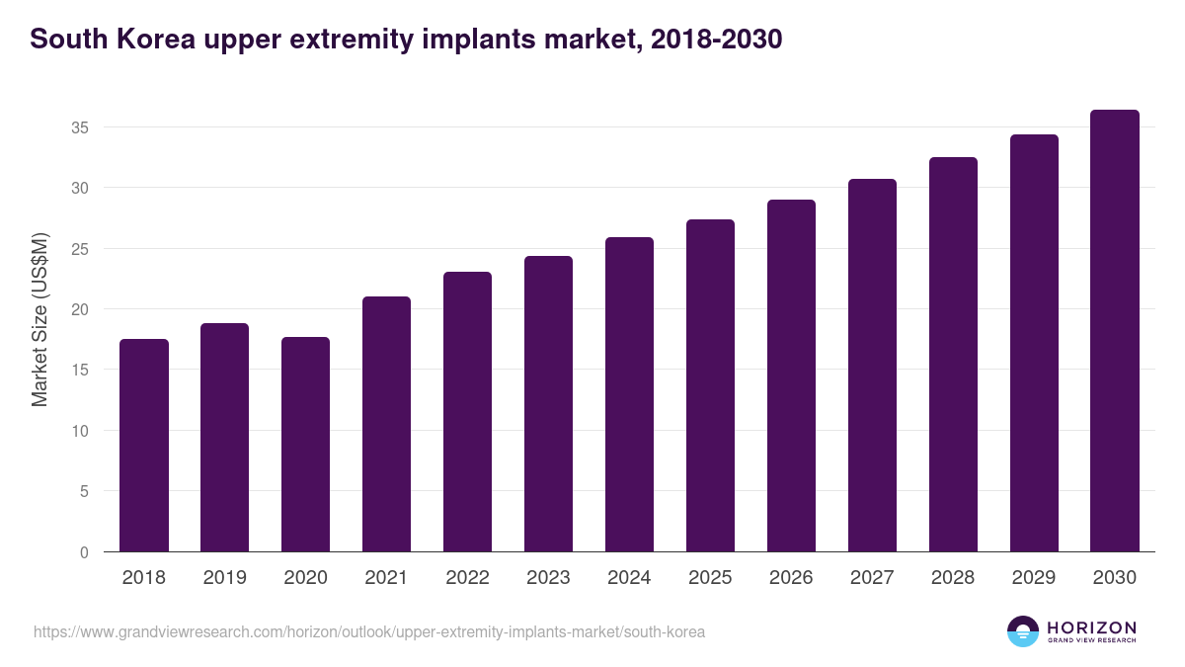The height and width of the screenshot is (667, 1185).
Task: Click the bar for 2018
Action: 144,446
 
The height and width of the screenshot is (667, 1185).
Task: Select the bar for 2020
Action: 306,445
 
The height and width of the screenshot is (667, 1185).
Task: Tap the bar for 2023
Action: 548,404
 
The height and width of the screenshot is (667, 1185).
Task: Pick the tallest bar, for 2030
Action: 1115,331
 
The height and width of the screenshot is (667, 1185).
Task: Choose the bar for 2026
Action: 791,375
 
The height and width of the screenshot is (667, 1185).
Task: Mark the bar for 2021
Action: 386,424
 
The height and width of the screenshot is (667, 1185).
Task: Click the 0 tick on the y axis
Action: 84,552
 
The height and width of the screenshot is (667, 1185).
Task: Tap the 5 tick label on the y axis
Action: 84,491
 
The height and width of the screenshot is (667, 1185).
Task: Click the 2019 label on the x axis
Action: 225,578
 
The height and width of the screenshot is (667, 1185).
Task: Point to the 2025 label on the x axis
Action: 710,578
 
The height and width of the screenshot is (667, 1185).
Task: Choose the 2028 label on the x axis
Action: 953,578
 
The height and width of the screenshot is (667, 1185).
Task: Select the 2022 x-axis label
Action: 467,578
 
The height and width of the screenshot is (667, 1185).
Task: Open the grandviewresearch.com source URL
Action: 369,631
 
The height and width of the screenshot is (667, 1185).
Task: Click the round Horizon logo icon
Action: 1023,631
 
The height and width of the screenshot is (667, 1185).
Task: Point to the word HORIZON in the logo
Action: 1091,627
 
